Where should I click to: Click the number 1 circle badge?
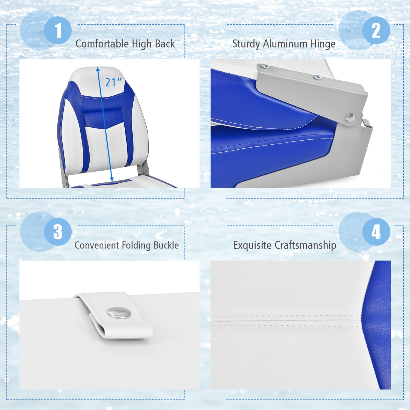click(58, 30)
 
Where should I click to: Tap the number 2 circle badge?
click(376, 30)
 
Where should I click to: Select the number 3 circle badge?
click(58, 232)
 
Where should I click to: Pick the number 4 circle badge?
click(376, 232)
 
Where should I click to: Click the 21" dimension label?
click(113, 82)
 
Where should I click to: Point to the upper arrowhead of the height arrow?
click(98, 69)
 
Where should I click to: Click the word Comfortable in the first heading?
click(102, 44)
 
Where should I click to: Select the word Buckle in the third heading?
click(166, 245)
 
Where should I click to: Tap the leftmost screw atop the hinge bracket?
click(264, 66)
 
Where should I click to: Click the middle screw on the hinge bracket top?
click(317, 78)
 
